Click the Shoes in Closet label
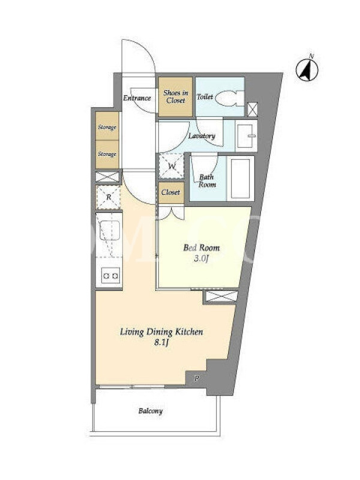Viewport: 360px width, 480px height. click(176, 97)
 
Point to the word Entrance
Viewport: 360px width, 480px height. click(137, 98)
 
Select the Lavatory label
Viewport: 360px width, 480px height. click(202, 136)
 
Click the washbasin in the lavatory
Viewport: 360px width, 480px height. click(246, 136)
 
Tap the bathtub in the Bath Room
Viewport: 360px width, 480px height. click(241, 178)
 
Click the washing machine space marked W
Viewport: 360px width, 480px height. click(171, 166)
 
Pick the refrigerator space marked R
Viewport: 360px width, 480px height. click(109, 197)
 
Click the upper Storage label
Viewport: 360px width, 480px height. click(107, 127)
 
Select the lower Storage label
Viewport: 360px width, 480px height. click(107, 154)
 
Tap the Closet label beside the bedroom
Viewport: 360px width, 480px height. click(170, 192)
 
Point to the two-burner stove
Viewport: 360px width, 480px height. click(110, 275)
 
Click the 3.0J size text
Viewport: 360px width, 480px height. click(201, 259)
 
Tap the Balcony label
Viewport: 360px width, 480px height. click(151, 411)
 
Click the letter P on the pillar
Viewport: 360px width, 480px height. click(197, 379)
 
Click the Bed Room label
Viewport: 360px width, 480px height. click(202, 247)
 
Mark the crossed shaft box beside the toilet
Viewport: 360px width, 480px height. click(252, 110)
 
